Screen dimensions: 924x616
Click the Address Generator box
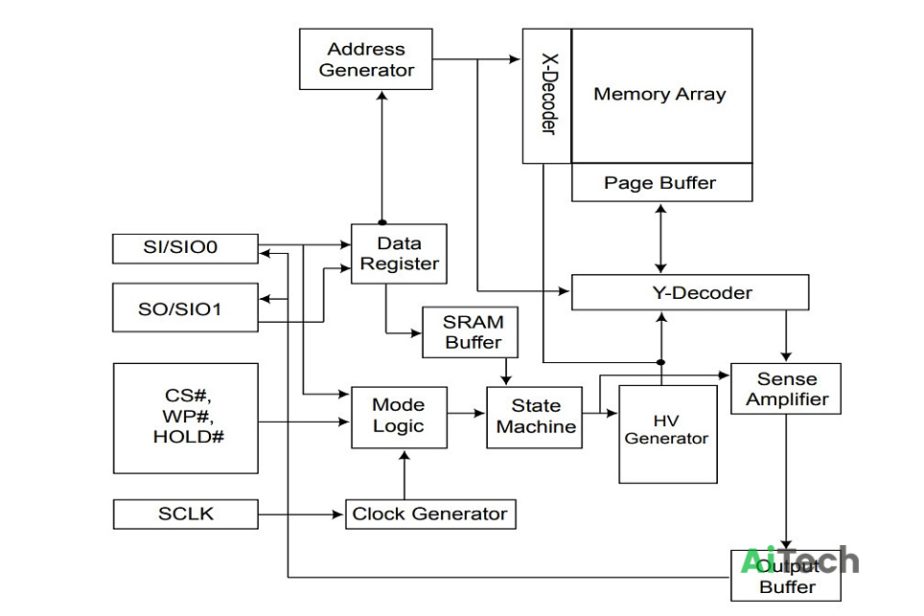[x=366, y=58]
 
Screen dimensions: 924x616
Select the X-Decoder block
[x=547, y=96]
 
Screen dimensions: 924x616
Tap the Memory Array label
[x=659, y=94]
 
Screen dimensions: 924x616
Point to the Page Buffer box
[x=661, y=183]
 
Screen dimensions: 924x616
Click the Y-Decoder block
[x=690, y=292]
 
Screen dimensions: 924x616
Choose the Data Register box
[x=399, y=254]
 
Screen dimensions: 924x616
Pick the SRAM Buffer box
[x=471, y=332]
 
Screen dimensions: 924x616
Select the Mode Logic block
[x=399, y=417]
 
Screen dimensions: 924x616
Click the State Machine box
[x=535, y=417]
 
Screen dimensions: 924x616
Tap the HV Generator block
[x=668, y=435]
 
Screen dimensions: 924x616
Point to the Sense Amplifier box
[x=786, y=389]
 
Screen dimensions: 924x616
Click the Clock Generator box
[x=430, y=514]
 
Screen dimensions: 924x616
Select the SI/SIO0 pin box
[x=185, y=248]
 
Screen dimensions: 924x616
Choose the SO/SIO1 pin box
[x=185, y=308]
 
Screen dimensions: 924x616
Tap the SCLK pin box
[x=186, y=514]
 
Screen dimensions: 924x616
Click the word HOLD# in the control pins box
[x=189, y=437]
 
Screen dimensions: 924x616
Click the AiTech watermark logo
[x=799, y=560]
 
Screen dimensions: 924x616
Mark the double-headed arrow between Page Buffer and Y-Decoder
[x=661, y=238]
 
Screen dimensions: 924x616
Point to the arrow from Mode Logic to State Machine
[x=467, y=414]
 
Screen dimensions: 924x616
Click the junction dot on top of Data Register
[x=381, y=222]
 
